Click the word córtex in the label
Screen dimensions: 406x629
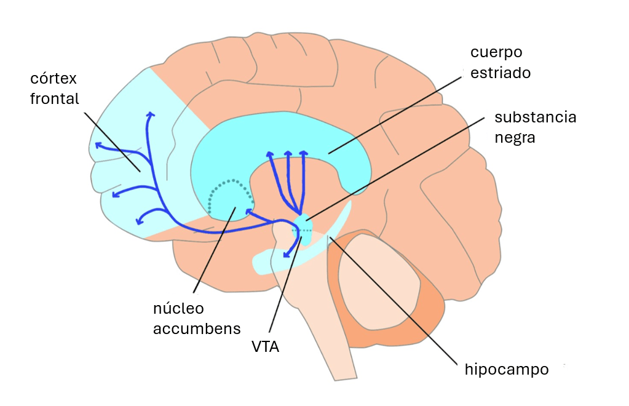click(x=53, y=80)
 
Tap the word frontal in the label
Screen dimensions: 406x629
click(x=54, y=98)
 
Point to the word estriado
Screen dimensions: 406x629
click(x=500, y=73)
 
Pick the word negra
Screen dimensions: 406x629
click(x=515, y=137)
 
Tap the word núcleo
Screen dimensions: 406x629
click(x=178, y=308)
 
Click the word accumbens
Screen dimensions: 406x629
click(x=196, y=328)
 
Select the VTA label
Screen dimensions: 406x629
click(x=265, y=347)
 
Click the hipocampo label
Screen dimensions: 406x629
click(x=506, y=370)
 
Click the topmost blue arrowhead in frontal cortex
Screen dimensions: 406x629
click(x=150, y=114)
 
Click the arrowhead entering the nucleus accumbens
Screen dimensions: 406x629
click(x=248, y=212)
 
